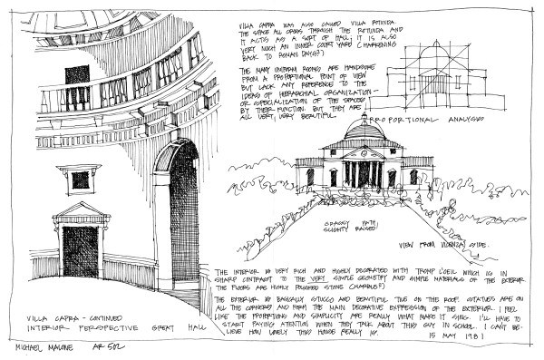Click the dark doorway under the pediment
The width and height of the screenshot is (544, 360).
80,249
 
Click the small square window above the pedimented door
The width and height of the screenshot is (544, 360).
81,179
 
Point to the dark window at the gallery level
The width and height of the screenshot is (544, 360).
77,75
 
